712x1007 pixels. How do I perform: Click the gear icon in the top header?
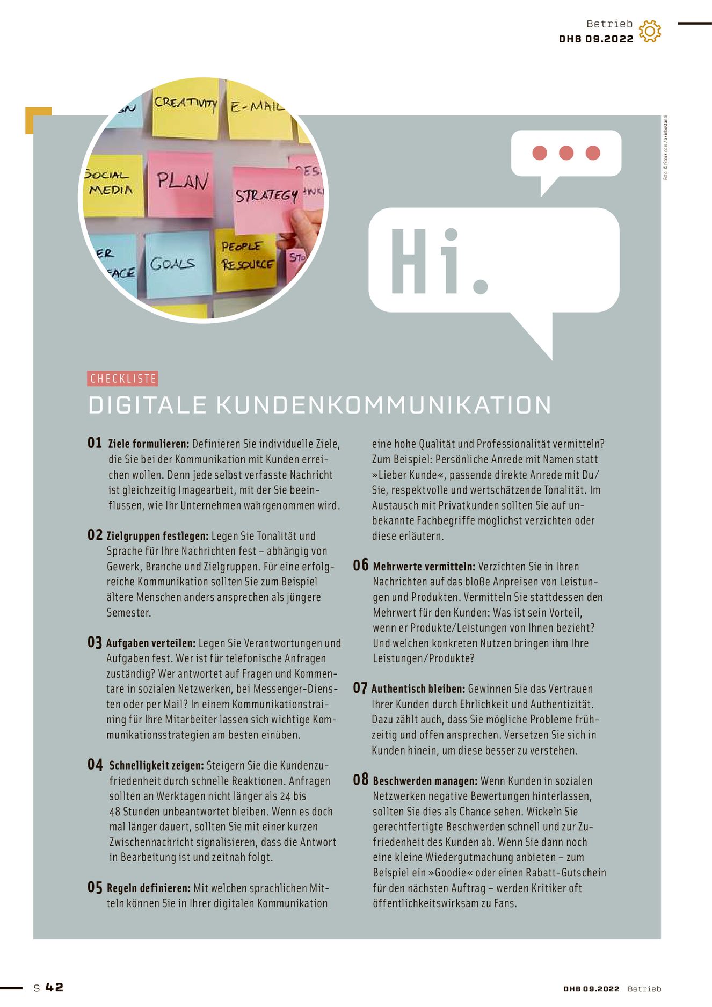[650, 31]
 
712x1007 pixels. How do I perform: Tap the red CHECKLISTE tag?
[123, 379]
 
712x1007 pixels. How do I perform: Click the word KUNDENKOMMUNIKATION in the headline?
[384, 405]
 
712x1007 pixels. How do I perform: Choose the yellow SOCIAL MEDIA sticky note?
[112, 184]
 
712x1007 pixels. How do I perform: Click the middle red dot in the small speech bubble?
[566, 153]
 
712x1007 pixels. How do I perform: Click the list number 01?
[95, 443]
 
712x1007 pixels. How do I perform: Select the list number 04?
[95, 765]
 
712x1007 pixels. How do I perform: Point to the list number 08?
[361, 780]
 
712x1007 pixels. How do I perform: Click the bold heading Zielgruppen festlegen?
[157, 536]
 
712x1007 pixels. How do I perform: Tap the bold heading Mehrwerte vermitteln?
[424, 567]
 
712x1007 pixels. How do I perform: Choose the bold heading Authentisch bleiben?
[418, 689]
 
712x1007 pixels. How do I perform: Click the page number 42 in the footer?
[54, 987]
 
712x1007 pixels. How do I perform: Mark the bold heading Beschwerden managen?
[425, 781]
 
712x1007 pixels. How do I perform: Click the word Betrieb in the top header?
[609, 24]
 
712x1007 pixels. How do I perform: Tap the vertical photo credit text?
[666, 148]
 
